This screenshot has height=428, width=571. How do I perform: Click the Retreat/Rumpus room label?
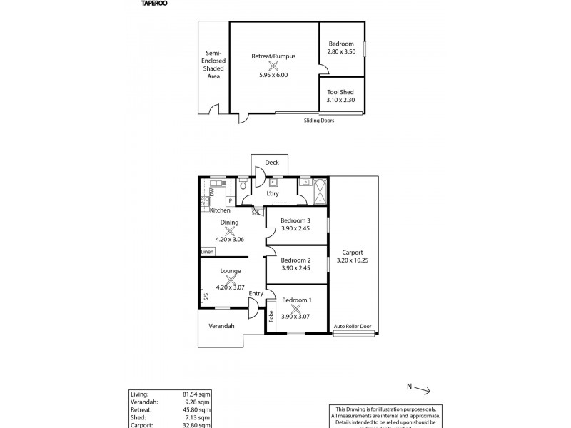point(273,56)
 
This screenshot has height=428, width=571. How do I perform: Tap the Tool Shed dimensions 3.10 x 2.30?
point(341,101)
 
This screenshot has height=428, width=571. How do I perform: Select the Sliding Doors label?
point(318,121)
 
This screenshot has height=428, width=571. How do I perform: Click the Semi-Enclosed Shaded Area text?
point(213,64)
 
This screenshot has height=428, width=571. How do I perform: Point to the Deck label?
point(271,163)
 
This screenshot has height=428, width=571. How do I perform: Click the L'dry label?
point(273,194)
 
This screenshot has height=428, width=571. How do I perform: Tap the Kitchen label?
point(220,210)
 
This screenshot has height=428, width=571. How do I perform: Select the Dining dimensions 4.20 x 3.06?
point(230,240)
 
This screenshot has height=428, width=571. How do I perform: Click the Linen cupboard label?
point(207,252)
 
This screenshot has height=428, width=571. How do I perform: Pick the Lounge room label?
point(230,271)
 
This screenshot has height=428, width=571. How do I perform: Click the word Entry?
point(256,294)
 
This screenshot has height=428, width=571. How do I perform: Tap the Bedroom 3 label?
point(295,220)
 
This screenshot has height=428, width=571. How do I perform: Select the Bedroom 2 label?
point(295,260)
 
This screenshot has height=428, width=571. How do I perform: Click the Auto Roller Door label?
point(353,327)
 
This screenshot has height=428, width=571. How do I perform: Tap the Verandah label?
point(221,326)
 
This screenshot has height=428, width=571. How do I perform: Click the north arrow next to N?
point(420,389)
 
